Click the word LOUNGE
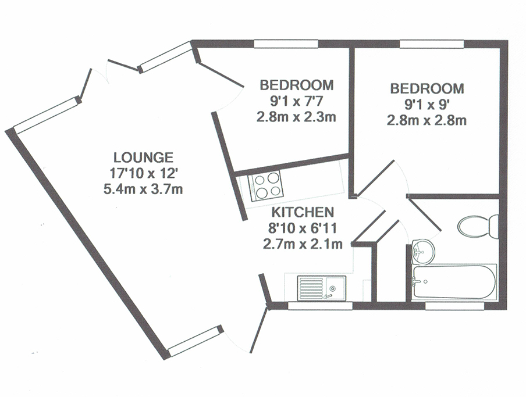[143, 158]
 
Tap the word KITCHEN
[303, 212]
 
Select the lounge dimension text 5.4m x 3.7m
[143, 189]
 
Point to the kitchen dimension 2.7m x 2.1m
[303, 244]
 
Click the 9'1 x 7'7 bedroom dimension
[297, 101]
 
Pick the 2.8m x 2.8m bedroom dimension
[427, 120]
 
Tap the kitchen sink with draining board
[321, 288]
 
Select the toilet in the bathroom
[478, 227]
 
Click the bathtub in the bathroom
[454, 282]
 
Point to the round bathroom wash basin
[423, 251]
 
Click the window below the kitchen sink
[320, 306]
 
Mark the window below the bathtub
[455, 306]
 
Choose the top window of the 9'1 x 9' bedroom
[432, 44]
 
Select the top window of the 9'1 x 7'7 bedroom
[286, 44]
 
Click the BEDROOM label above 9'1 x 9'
[427, 89]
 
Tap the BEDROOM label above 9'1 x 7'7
[297, 85]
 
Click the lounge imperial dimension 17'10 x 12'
[143, 174]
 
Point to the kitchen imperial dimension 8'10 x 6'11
[303, 228]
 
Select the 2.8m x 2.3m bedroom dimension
[297, 117]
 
